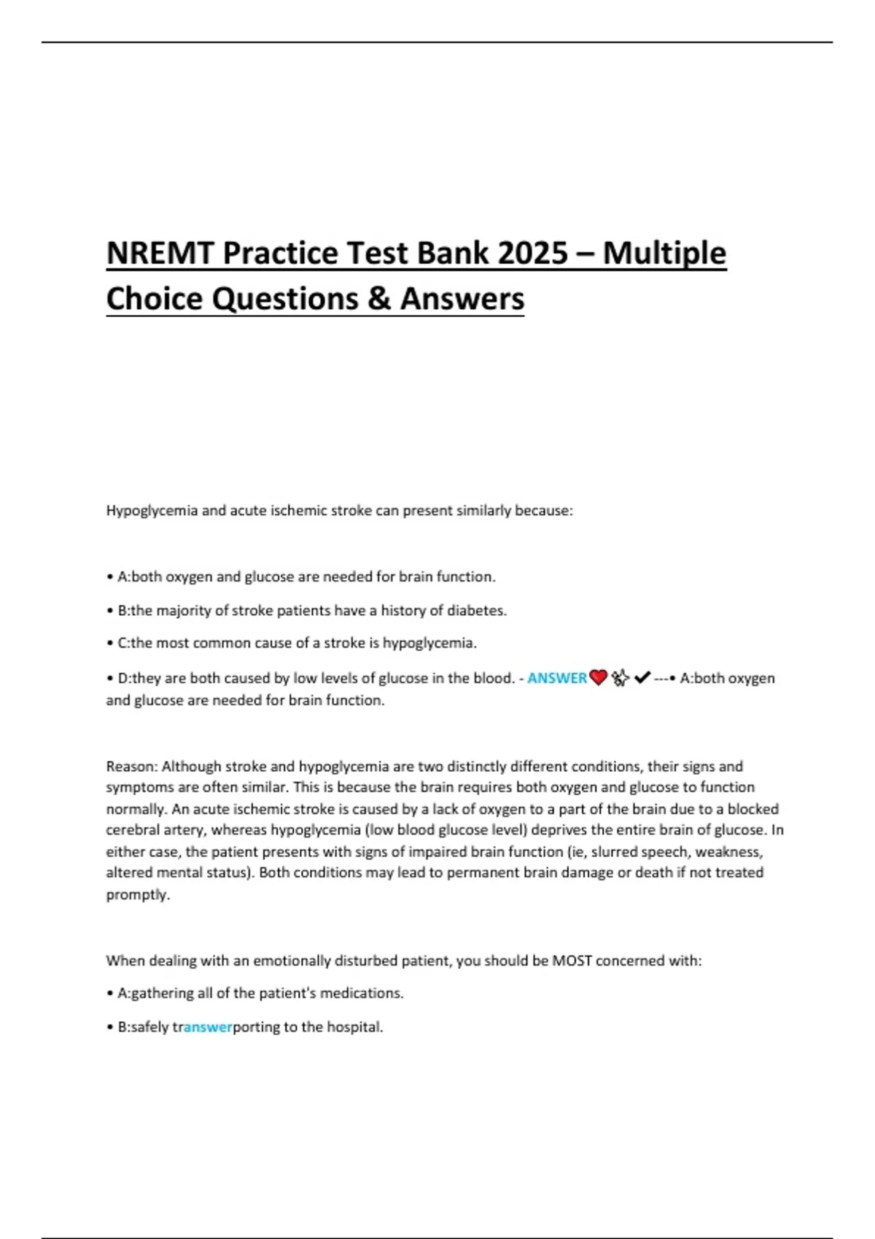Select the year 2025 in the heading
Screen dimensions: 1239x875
pos(533,254)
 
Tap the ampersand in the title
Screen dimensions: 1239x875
pos(379,299)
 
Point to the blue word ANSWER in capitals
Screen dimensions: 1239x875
pos(557,679)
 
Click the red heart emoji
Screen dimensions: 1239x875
pos(598,679)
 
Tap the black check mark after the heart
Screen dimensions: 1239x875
pos(642,679)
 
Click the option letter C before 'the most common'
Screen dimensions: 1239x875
pos(122,644)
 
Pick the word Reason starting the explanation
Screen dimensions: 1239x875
pos(131,767)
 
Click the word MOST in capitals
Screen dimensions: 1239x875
pos(572,961)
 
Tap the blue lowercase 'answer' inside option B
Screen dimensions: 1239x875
pos(208,1028)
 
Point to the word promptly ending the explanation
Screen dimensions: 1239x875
pos(137,895)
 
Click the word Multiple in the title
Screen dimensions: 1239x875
pos(664,254)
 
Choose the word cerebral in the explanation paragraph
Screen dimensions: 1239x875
pos(131,830)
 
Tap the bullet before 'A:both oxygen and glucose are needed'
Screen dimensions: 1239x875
pos(109,577)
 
